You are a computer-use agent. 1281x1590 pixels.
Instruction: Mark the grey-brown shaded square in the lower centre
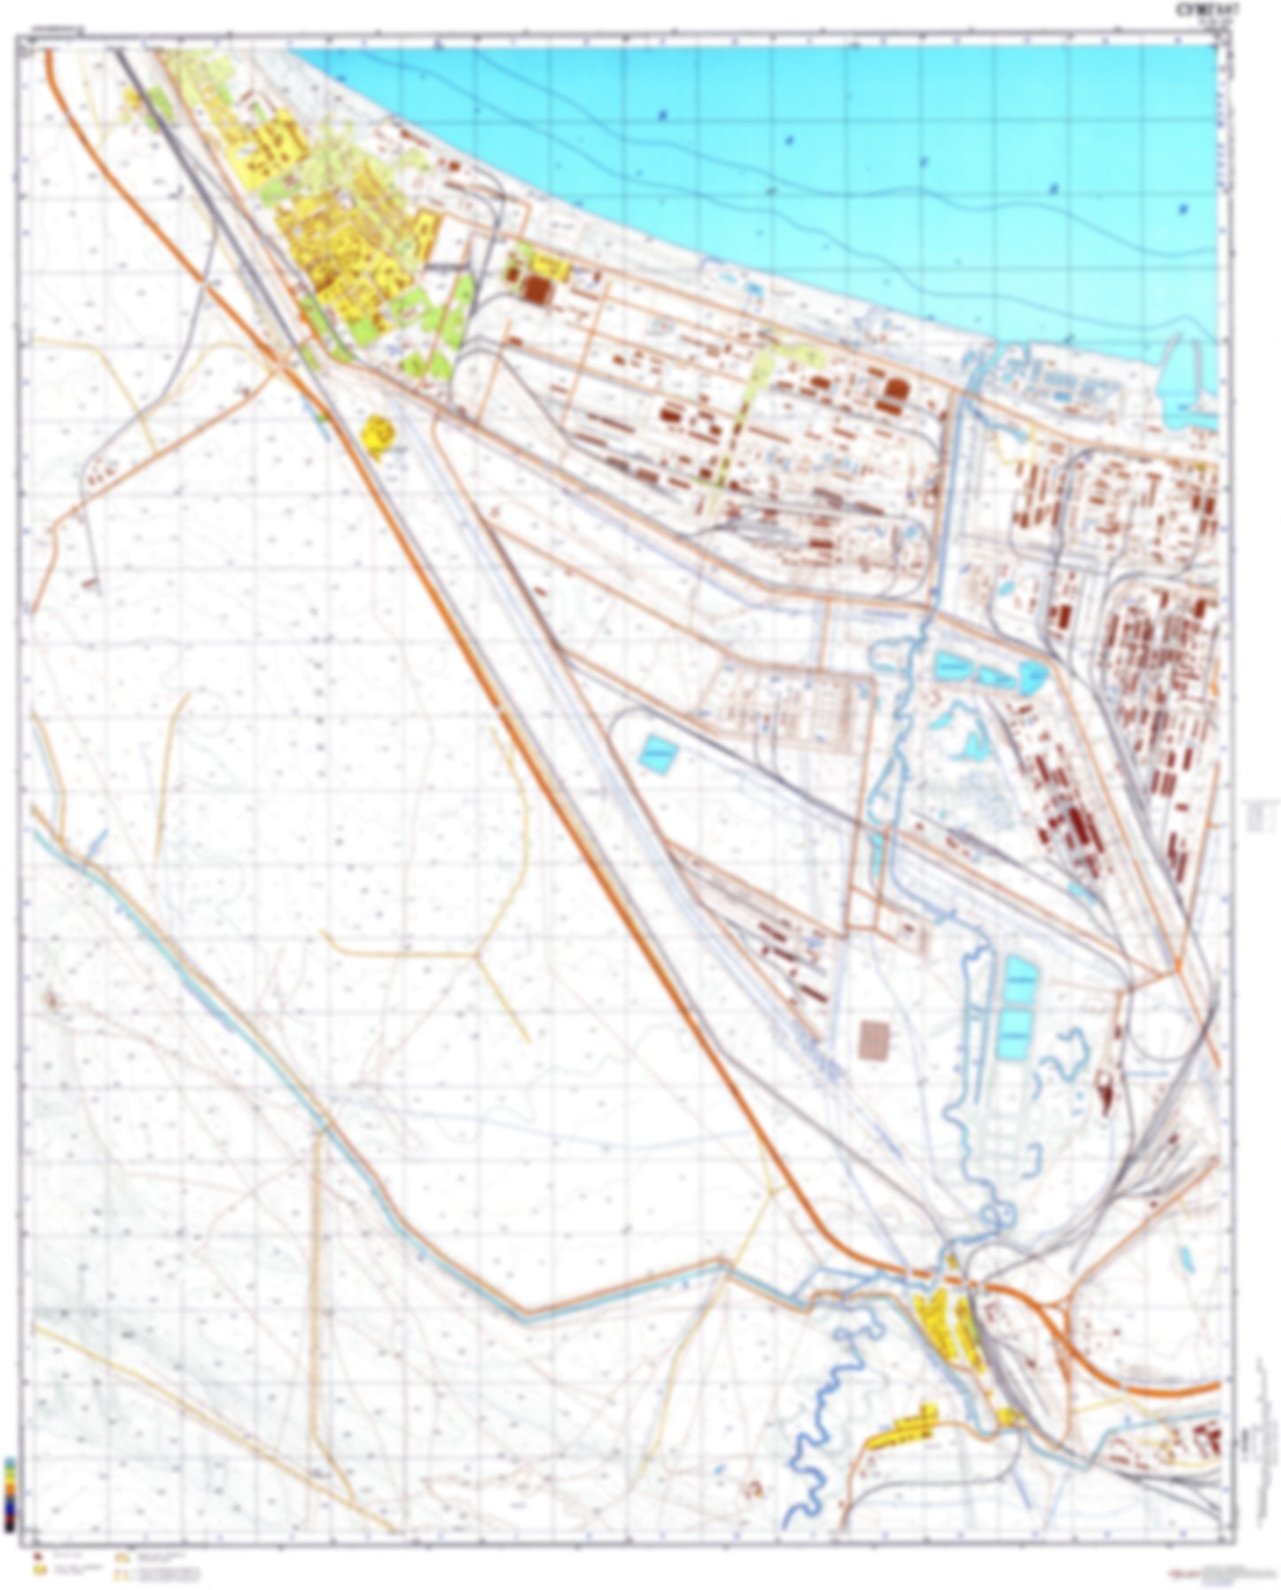tap(878, 1038)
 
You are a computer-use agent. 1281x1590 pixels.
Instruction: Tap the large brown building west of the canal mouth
tap(897, 390)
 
